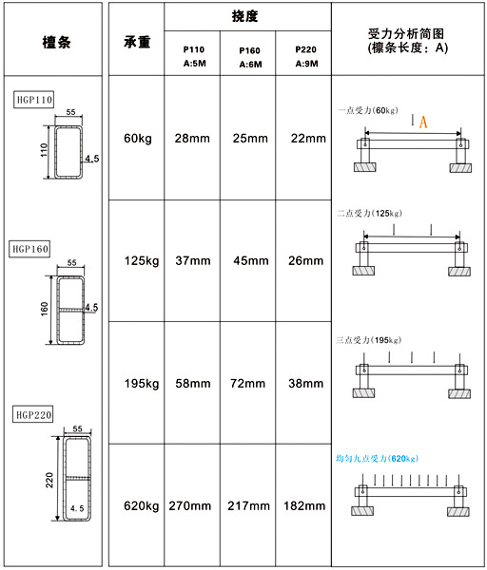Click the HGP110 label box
[x=34, y=100]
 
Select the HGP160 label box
[x=29, y=249]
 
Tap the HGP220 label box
[x=33, y=414]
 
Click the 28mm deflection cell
[x=192, y=138]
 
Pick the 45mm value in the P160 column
[x=251, y=260]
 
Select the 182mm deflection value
[x=304, y=505]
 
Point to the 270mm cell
[x=189, y=505]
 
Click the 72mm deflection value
[x=247, y=383]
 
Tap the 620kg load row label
[x=141, y=506]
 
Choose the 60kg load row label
[x=138, y=139]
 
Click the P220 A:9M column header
[x=306, y=56]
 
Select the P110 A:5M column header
[x=194, y=56]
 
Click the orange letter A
[x=423, y=122]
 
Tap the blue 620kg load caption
[x=377, y=459]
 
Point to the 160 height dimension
[x=45, y=309]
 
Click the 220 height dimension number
[x=49, y=480]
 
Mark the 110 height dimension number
[x=44, y=150]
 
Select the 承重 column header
[x=137, y=42]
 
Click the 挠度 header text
[x=245, y=16]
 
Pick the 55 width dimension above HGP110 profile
[x=71, y=112]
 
